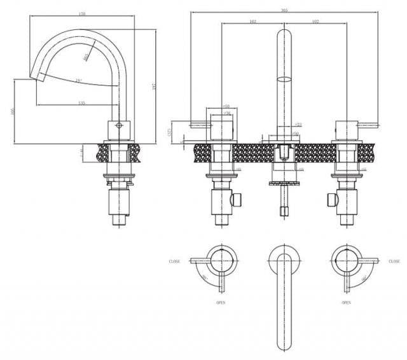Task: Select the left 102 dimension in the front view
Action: point(252,22)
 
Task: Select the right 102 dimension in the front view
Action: point(315,22)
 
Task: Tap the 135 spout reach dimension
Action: point(82,102)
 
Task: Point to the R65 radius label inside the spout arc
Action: point(86,57)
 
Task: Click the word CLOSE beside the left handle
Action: point(174,261)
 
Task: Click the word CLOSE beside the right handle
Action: point(394,261)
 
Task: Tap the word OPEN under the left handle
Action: point(221,303)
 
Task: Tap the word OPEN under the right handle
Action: point(346,303)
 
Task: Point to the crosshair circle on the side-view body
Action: point(117,126)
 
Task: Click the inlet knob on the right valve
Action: point(330,200)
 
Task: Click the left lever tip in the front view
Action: point(191,126)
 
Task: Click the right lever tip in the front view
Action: point(376,126)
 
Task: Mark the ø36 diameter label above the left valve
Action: point(227,113)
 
